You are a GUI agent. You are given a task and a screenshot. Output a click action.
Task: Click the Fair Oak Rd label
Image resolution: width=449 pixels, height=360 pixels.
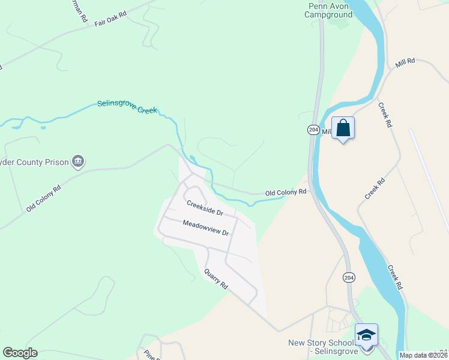pos(111,18)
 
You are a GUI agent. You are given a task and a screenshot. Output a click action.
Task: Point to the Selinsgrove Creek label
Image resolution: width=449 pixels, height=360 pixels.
pos(127,107)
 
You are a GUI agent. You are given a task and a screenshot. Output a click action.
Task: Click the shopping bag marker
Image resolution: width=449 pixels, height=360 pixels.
pos(343,128)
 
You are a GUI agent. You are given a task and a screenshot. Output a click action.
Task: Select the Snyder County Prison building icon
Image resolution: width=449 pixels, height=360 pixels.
pos(78,161)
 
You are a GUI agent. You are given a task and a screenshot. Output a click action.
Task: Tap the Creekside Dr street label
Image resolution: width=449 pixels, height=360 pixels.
pos(205,208)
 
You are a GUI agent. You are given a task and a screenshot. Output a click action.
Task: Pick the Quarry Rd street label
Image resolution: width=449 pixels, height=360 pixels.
pos(216,278)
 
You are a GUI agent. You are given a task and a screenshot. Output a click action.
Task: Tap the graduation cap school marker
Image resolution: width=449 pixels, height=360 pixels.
pos(366,335)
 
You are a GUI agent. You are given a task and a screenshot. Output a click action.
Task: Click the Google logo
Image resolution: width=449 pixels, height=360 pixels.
pos(20,353)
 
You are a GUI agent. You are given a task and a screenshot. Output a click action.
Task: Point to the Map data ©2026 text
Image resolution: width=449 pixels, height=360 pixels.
pos(424,355)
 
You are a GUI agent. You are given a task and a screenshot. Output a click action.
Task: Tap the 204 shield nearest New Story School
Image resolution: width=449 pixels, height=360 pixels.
pos(349,277)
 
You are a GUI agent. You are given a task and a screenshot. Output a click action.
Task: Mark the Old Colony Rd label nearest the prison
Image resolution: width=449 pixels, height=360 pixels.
pos(44,198)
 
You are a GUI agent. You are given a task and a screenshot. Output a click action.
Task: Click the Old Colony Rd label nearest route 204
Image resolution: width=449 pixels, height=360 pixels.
pos(286,193)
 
